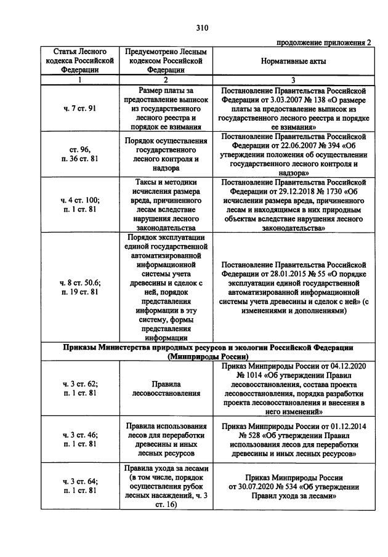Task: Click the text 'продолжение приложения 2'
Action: [x=324, y=42]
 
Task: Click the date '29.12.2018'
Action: [x=283, y=191]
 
